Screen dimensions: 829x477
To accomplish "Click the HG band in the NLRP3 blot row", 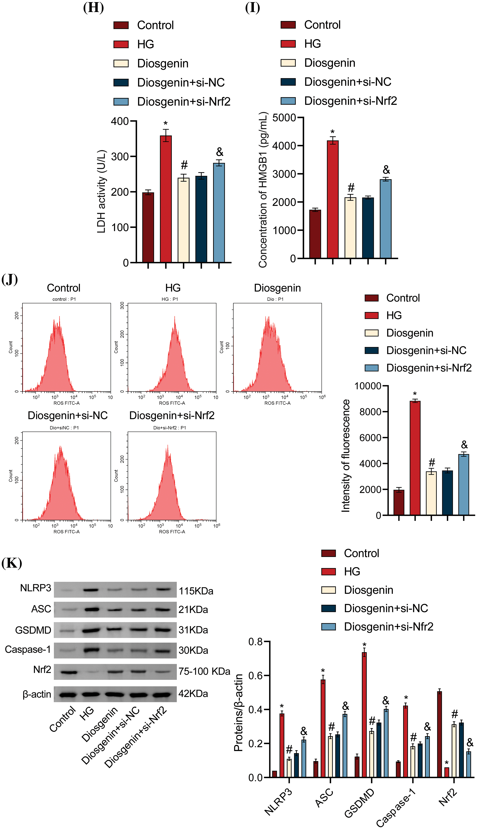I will pos(91,590).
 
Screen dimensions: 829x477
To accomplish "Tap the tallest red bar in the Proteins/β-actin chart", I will pos(364,714).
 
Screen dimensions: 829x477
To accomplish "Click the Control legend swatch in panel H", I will pos(121,25).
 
